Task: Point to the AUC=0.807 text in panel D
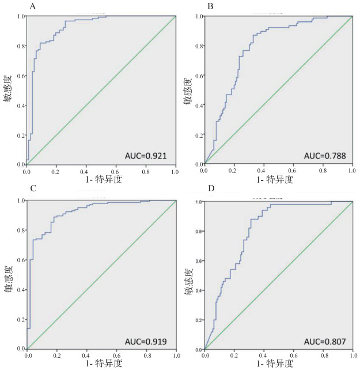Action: click(x=325, y=342)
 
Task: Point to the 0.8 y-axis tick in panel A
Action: click(x=20, y=46)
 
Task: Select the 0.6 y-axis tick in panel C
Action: click(x=21, y=260)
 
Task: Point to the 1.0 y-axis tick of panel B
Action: click(x=198, y=17)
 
